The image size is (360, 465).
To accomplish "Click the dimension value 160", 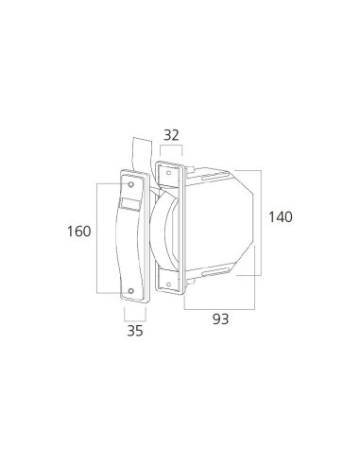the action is point(78,232).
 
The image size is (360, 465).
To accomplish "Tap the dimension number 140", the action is point(280,217).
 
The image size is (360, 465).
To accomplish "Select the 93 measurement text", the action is point(220,319).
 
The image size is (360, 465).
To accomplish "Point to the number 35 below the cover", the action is point(135,331).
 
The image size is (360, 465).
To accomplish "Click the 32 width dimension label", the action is point(171,135).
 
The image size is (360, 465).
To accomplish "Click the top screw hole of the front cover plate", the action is point(131,184).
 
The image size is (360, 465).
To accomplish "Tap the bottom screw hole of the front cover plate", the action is point(131,291).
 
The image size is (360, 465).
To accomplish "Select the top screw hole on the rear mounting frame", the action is point(168,173).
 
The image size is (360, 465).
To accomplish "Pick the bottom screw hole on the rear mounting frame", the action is point(168,284).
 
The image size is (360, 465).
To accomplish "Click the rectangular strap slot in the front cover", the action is point(130,204).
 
